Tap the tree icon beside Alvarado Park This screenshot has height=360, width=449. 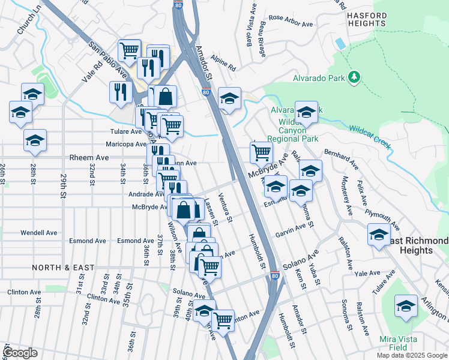[355, 77]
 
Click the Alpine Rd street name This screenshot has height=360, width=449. [223, 62]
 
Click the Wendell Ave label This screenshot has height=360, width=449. [38, 232]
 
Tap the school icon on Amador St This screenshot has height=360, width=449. [229, 98]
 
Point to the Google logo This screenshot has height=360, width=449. [20, 353]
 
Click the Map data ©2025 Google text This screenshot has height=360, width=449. [411, 355]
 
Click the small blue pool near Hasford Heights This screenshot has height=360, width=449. [341, 44]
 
